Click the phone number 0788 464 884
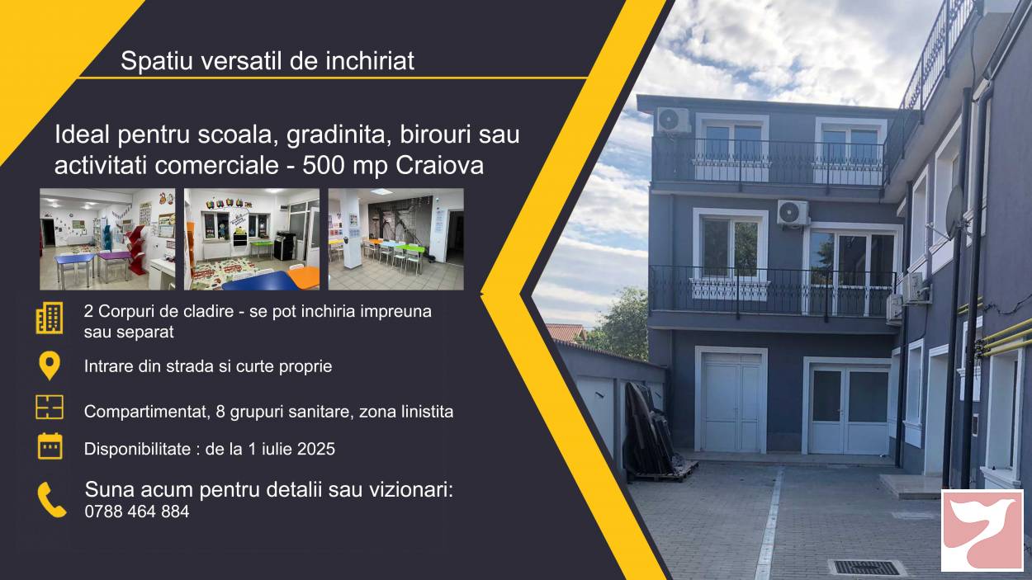137,512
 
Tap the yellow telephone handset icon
51,500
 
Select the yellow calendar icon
50,446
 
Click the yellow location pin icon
50,365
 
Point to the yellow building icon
50,318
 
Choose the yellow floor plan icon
50,407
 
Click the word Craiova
439,166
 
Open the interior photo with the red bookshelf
107,239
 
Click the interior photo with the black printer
252,239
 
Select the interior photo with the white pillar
395,239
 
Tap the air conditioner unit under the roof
673,120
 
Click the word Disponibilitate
137,449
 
